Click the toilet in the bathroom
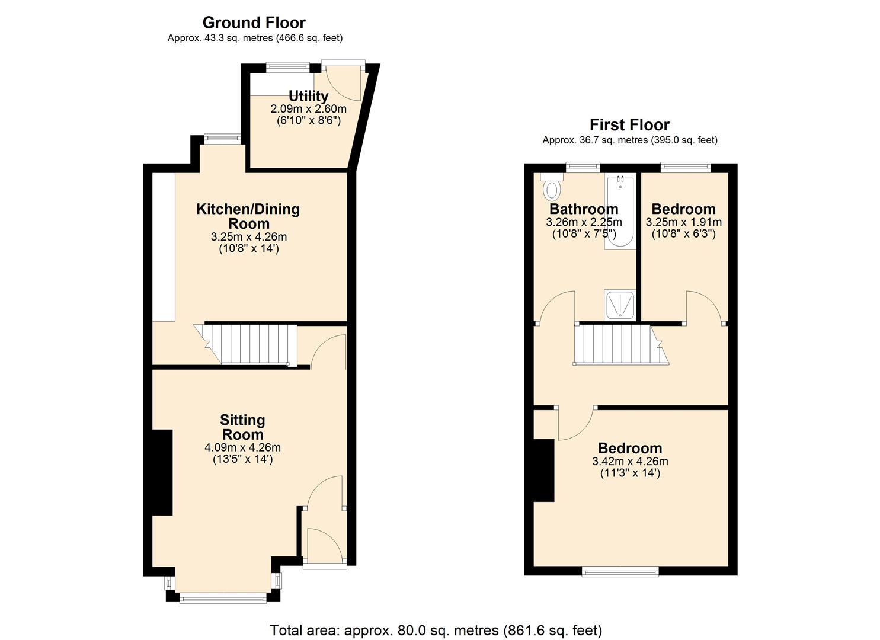(x=552, y=187)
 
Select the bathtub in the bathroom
(x=620, y=212)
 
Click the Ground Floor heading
(x=254, y=23)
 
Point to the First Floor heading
(x=629, y=125)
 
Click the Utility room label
(x=308, y=96)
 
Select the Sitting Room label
(x=242, y=427)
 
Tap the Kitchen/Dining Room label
(x=248, y=216)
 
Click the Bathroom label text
(x=584, y=209)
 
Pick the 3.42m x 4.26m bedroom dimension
(x=630, y=462)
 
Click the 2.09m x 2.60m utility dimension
(x=308, y=109)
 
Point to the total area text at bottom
(x=436, y=630)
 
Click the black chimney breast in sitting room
(x=162, y=472)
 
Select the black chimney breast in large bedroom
(x=543, y=471)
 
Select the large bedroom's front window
(x=620, y=571)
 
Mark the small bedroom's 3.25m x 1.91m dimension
(x=683, y=223)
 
